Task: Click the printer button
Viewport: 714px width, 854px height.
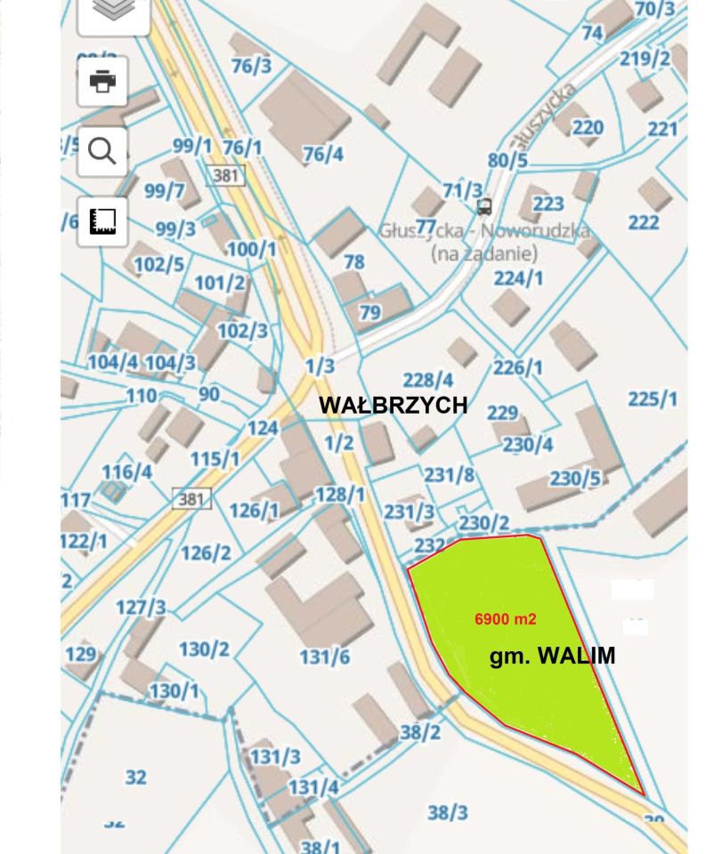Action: [x=102, y=82]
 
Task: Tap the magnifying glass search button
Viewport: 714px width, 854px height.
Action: [x=102, y=152]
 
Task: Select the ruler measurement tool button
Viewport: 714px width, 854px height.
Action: [x=102, y=222]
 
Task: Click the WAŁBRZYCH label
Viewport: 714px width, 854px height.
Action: [x=393, y=405]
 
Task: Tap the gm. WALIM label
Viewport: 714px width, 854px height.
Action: [x=552, y=657]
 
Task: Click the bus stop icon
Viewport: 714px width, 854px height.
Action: [x=484, y=207]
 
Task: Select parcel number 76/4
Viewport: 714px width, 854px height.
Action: [x=322, y=154]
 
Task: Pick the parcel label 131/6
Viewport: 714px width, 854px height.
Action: [x=324, y=657]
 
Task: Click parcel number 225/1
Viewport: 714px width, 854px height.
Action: [x=653, y=399]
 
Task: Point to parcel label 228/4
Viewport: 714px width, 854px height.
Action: [x=428, y=380]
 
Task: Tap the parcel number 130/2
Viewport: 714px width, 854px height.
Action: [x=204, y=649]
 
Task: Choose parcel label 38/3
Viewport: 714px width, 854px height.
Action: [x=448, y=812]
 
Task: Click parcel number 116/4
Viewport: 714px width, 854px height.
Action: [x=126, y=471]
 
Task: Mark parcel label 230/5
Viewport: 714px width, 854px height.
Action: [x=575, y=479]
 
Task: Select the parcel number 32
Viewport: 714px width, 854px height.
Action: [x=135, y=777]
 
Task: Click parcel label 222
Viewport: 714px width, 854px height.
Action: [x=644, y=222]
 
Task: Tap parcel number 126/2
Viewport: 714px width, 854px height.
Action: [x=206, y=552]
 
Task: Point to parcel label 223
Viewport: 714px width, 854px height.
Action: [x=548, y=205]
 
